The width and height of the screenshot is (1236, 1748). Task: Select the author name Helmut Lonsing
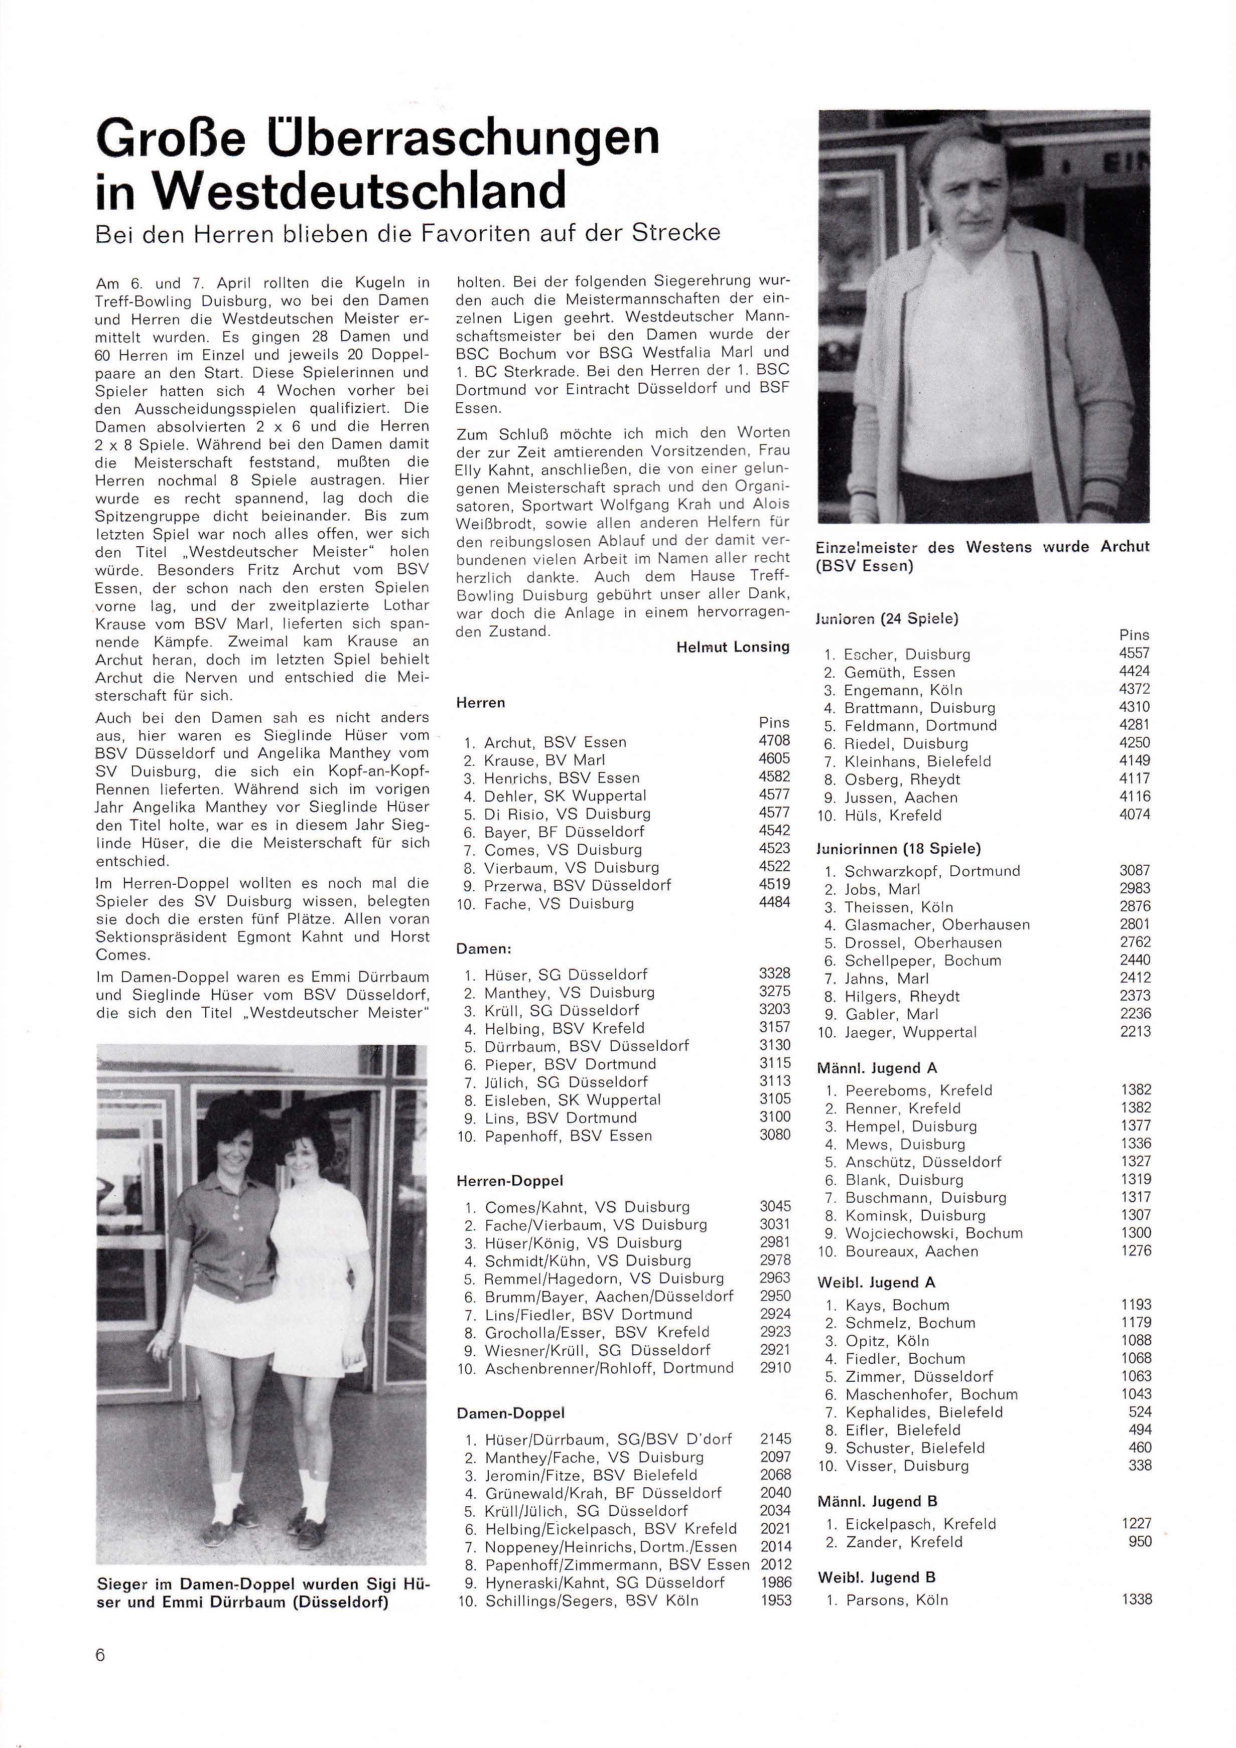tap(733, 647)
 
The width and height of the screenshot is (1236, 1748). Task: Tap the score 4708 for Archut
tap(774, 741)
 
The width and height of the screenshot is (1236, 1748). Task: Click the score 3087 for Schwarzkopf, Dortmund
tap(1135, 870)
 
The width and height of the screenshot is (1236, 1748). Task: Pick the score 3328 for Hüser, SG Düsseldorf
tap(774, 974)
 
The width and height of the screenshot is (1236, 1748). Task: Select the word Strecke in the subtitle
tap(676, 232)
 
